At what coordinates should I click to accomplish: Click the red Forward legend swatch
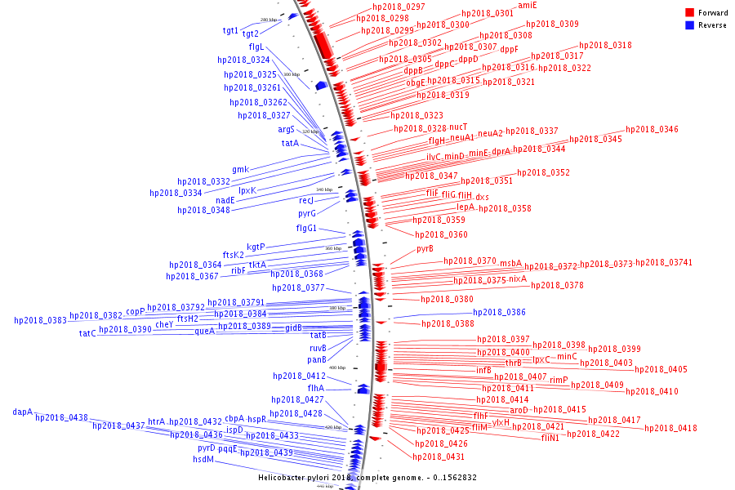[689, 12]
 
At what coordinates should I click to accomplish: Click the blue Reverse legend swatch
[689, 25]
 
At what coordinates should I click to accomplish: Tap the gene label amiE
[528, 5]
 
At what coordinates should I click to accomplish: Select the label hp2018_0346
[652, 130]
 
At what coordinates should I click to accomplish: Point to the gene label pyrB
[425, 248]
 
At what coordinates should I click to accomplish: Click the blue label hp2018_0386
[499, 313]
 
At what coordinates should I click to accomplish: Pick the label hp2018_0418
[670, 428]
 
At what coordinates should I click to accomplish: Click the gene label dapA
[23, 412]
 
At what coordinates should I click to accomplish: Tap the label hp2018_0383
[40, 321]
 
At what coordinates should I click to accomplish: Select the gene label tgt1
[231, 31]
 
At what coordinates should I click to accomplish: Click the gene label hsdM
[203, 459]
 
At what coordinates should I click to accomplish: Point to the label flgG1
[306, 229]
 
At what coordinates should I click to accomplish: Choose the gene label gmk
[240, 170]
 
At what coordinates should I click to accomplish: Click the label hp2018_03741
[664, 263]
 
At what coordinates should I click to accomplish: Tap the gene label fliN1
[550, 438]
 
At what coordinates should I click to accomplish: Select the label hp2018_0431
[439, 457]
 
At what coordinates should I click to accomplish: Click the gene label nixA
[518, 279]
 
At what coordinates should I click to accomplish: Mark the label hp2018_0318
[605, 46]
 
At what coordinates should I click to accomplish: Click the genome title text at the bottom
[367, 478]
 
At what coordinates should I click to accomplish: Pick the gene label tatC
[87, 333]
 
